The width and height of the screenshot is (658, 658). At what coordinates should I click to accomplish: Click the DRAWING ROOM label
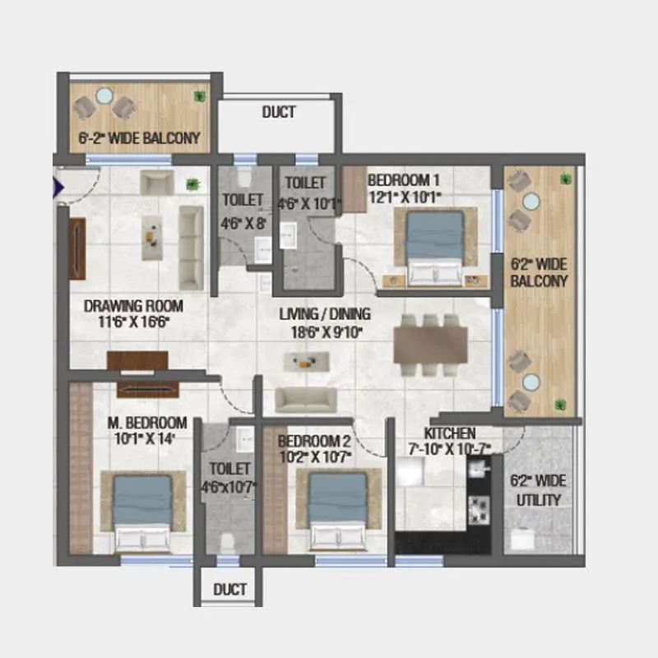[133, 306]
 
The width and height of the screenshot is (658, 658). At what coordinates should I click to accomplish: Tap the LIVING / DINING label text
[325, 313]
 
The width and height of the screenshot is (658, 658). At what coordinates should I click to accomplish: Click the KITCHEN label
[449, 433]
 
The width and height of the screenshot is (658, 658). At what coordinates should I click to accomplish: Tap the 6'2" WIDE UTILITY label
[539, 490]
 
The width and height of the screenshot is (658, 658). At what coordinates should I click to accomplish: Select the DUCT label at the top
[279, 113]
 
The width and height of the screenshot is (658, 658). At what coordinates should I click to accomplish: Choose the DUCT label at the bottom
[229, 590]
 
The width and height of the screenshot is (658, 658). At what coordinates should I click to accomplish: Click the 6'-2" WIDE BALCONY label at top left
[139, 138]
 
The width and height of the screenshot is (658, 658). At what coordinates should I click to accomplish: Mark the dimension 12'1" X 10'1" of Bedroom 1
[405, 197]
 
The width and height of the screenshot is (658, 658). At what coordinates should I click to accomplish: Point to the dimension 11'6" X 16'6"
[133, 322]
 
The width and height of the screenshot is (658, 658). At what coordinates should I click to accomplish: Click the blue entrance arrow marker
[58, 188]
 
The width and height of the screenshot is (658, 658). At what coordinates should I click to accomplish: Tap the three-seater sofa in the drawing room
[191, 235]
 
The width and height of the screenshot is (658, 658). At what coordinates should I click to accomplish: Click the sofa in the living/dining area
[305, 399]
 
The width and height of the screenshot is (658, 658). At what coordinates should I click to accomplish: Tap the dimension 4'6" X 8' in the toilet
[243, 223]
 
